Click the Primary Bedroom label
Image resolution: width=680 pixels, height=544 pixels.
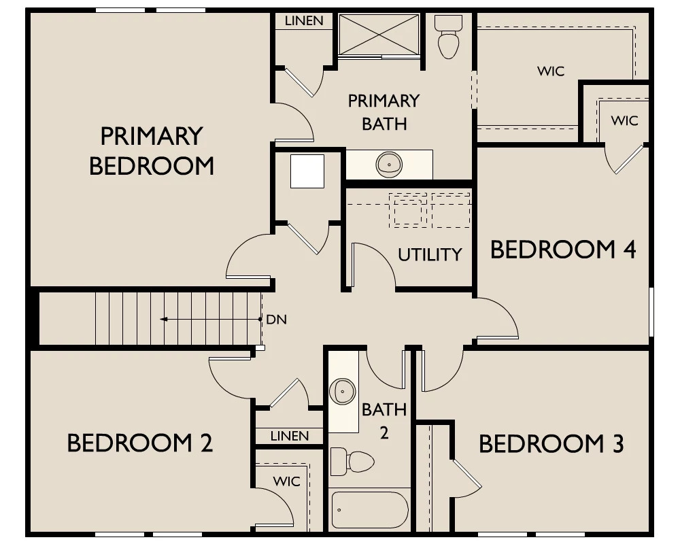152,151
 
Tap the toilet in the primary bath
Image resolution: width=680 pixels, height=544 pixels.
448,37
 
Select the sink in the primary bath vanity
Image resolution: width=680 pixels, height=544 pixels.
389,165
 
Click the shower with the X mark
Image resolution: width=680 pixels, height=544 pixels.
379,35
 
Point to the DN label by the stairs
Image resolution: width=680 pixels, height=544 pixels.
276,320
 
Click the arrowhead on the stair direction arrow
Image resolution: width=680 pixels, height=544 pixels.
164,320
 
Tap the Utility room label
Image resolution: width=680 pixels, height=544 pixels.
430,254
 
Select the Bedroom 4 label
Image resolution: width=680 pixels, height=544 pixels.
563,250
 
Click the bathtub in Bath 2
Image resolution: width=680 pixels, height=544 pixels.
369,510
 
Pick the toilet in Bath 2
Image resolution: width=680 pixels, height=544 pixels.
352,462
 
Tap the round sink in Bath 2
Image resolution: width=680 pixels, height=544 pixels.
343,391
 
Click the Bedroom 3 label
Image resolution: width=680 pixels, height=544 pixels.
551,444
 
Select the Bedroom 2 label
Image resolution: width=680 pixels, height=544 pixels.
139,443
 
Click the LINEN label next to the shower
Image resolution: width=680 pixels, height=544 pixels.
304,21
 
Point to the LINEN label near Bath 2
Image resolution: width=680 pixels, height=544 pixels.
290,436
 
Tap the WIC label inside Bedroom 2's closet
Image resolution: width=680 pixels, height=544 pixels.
287,481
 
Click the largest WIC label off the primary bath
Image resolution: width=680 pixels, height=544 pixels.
551,71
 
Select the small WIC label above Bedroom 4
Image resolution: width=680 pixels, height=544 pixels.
624,120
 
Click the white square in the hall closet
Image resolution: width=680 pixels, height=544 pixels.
307,171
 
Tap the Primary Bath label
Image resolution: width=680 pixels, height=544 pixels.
384,112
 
